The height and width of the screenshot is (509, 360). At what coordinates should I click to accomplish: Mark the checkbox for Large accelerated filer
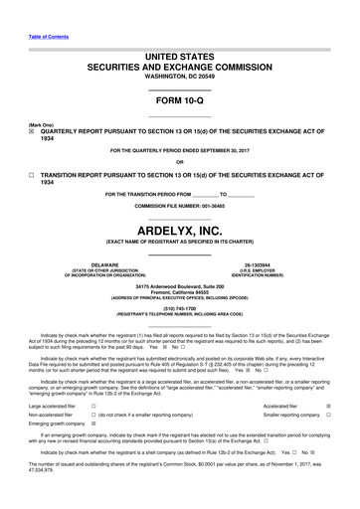(x=92, y=406)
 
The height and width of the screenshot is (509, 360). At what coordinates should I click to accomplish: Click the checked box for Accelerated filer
(x=328, y=406)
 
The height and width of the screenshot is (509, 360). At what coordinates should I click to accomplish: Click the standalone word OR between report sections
(x=179, y=161)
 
